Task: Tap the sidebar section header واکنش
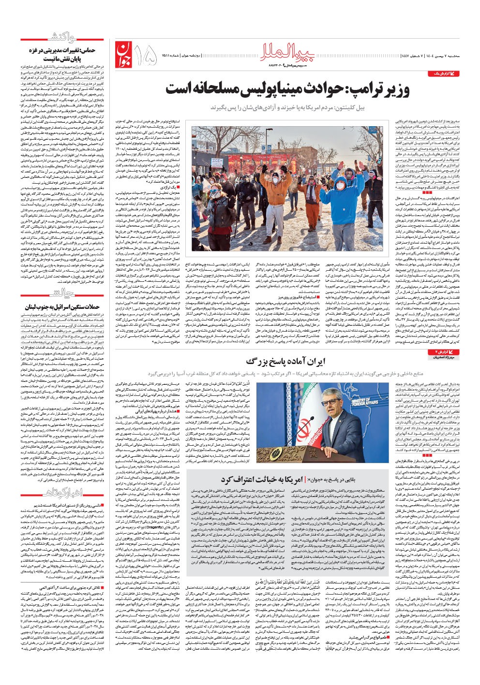coord(62,38)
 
